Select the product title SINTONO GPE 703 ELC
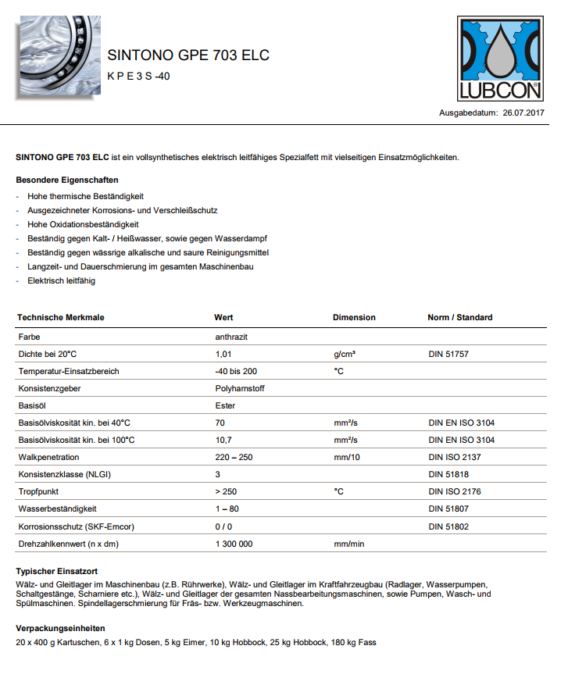pyautogui.click(x=188, y=55)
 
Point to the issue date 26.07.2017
pyautogui.click(x=523, y=113)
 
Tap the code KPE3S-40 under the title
pyautogui.click(x=138, y=76)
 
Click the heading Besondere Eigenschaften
pyautogui.click(x=67, y=180)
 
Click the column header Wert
pyautogui.click(x=223, y=318)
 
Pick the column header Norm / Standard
pyautogui.click(x=460, y=318)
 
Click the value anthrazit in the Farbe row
pyautogui.click(x=231, y=337)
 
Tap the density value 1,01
pyautogui.click(x=223, y=354)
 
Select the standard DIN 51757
pyautogui.click(x=448, y=354)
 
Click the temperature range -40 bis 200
pyautogui.click(x=236, y=371)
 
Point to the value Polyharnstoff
pyautogui.click(x=239, y=388)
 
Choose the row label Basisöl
pyautogui.click(x=33, y=405)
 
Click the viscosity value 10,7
pyautogui.click(x=223, y=440)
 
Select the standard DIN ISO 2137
pyautogui.click(x=455, y=457)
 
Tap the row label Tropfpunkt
pyautogui.click(x=39, y=491)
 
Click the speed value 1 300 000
pyautogui.click(x=234, y=543)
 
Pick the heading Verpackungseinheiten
pyautogui.click(x=60, y=628)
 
